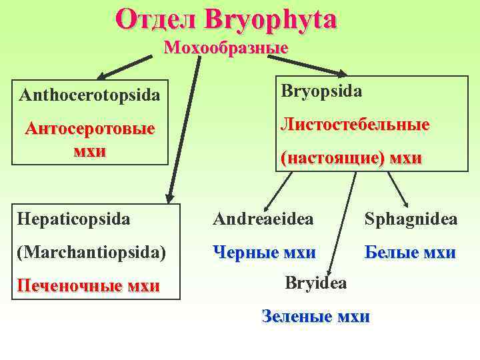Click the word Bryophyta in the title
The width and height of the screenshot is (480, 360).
(271, 20)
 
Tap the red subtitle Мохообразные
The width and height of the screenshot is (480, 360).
(225, 48)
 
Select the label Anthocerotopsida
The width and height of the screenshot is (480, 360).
(89, 95)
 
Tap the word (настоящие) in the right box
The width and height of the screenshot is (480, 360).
(327, 158)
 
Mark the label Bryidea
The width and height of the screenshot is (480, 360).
(316, 283)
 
